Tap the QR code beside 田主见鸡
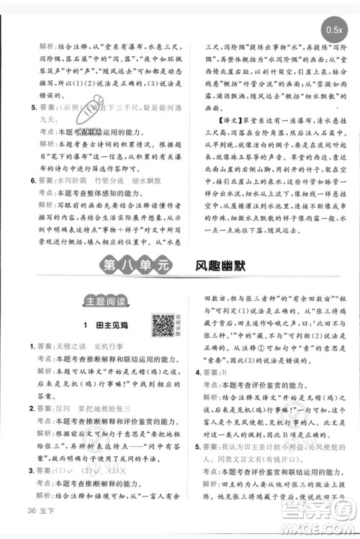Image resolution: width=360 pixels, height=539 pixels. pos(162,325)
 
